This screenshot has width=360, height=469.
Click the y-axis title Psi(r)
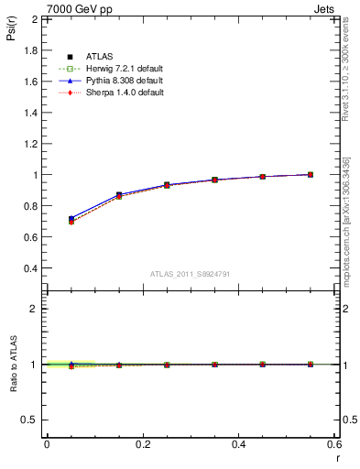point(12,34)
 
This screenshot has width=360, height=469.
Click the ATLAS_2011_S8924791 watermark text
point(190,274)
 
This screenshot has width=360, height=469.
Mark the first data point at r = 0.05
point(71,220)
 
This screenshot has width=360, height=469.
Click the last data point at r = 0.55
point(311,174)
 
